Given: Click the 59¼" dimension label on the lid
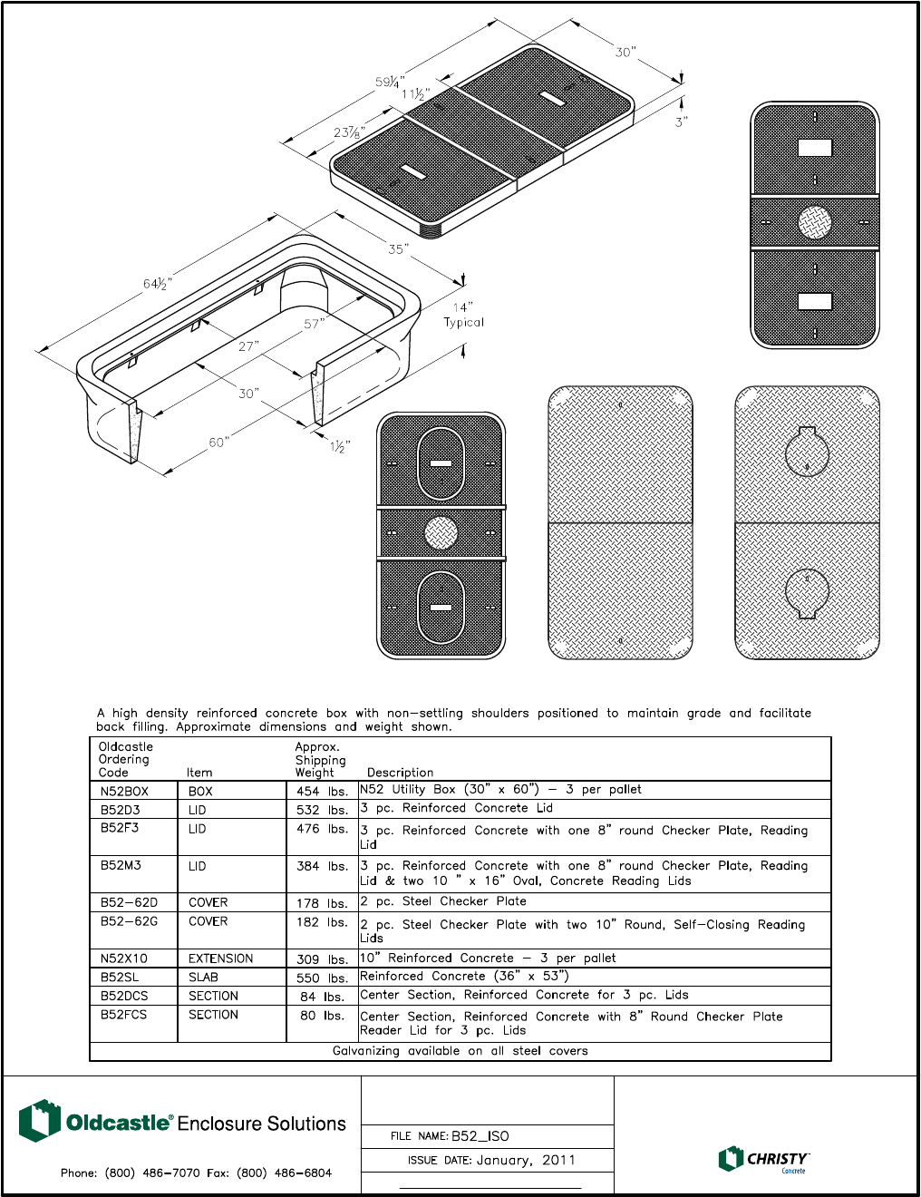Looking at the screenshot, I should pyautogui.click(x=390, y=82).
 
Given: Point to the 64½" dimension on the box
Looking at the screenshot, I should pyautogui.click(x=157, y=284).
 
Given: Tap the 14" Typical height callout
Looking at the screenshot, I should pyautogui.click(x=463, y=315).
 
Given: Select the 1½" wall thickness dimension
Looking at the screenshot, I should pyautogui.click(x=340, y=446).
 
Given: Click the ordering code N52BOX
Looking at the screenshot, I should pyautogui.click(x=124, y=791).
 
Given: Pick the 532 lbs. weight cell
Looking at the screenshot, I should pyautogui.click(x=322, y=810).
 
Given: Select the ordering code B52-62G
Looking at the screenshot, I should pyautogui.click(x=129, y=921).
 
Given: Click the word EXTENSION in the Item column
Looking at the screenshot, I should pyautogui.click(x=220, y=959).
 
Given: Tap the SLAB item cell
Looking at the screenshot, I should pyautogui.click(x=203, y=978).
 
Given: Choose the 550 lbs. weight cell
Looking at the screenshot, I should pyautogui.click(x=322, y=978).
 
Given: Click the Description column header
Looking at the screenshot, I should pyautogui.click(x=400, y=773).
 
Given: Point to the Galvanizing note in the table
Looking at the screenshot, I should pyautogui.click(x=460, y=1051).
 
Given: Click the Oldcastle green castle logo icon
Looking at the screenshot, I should pyautogui.click(x=39, y=1121).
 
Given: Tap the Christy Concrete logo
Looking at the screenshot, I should pyautogui.click(x=763, y=1160).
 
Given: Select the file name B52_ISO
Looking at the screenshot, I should pyautogui.click(x=480, y=1136).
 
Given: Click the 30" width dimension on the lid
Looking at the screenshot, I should pyautogui.click(x=625, y=53).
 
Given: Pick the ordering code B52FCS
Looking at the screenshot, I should pyautogui.click(x=123, y=1015).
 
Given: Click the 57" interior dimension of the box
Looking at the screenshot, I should pyautogui.click(x=314, y=324).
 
